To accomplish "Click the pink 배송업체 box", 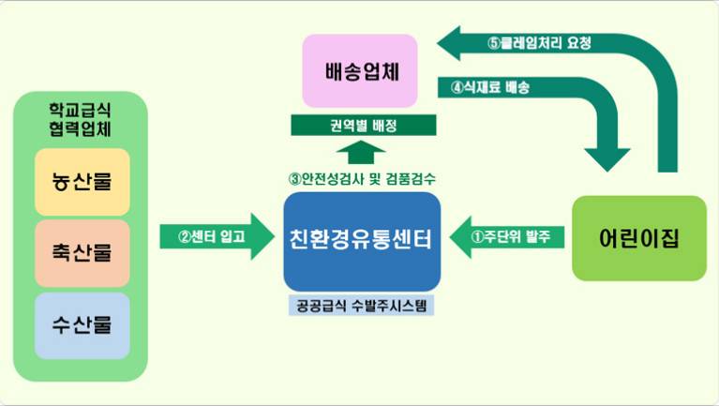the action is click(x=360, y=70).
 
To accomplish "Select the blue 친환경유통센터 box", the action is click(x=362, y=241).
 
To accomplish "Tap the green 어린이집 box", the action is click(x=639, y=238).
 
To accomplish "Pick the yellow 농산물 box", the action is click(x=82, y=182).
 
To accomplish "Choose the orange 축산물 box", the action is click(x=82, y=253).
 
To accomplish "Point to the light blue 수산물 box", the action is click(x=82, y=325).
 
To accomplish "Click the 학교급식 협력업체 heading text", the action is click(x=81, y=119).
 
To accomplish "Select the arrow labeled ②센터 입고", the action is click(x=217, y=236).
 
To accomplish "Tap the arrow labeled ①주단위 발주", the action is click(x=507, y=236).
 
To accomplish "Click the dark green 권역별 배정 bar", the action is click(x=364, y=126).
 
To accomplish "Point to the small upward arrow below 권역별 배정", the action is click(x=361, y=152).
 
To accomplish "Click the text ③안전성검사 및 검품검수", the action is click(x=362, y=178).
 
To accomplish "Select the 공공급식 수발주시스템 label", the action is click(x=361, y=305).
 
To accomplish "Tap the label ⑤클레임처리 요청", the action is click(x=539, y=43).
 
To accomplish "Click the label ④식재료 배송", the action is click(x=490, y=87).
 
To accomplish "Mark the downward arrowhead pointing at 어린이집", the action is click(x=607, y=159).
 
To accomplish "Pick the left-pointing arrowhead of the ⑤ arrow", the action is click(x=448, y=43).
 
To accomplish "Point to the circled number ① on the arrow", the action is click(x=477, y=236).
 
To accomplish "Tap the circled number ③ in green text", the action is click(x=294, y=179).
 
